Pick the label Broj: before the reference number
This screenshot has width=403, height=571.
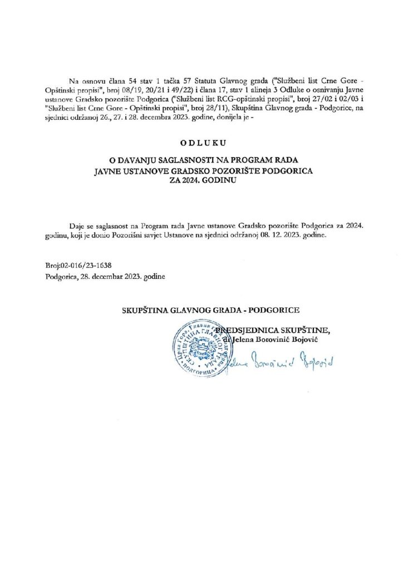coord(55,265)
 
